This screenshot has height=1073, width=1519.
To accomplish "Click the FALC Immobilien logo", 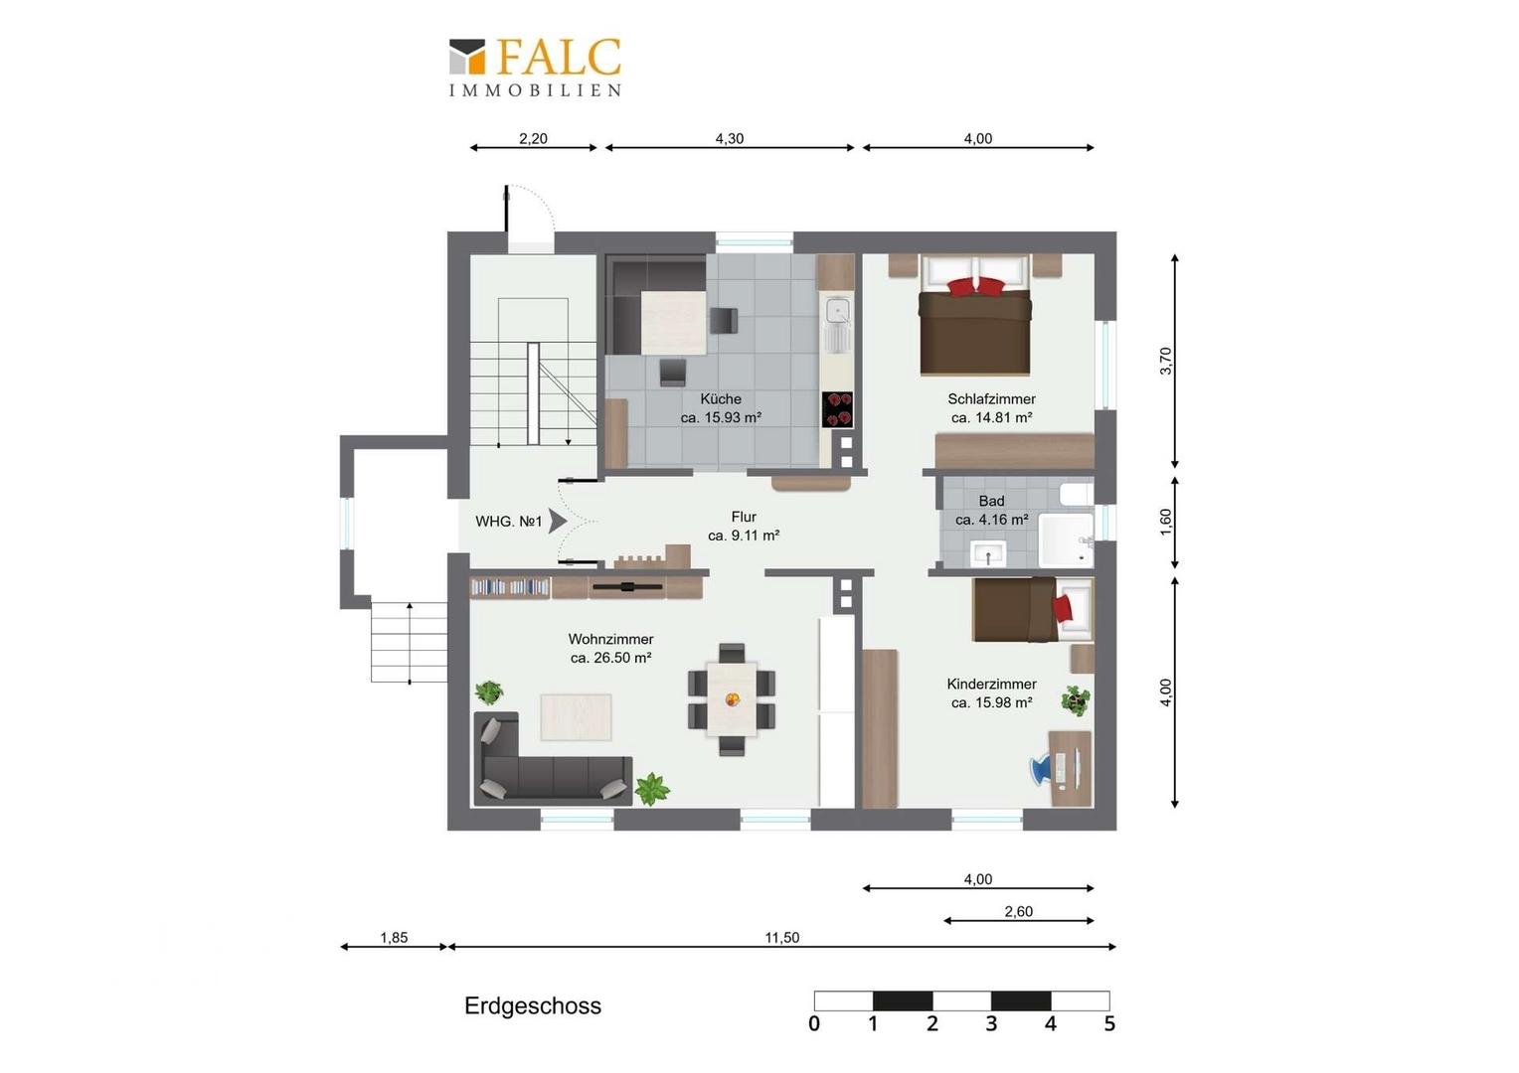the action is [x=535, y=68].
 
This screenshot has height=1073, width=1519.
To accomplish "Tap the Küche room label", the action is [x=721, y=399].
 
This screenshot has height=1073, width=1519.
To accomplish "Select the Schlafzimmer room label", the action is [x=991, y=399].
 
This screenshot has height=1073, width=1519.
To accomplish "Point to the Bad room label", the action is [x=991, y=502].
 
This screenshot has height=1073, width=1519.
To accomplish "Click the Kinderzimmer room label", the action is [x=991, y=685].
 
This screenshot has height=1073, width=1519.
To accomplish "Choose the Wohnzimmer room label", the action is [x=611, y=639].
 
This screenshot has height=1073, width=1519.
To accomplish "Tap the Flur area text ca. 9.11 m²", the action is [x=744, y=536].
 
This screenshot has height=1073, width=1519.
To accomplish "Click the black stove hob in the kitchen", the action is [x=837, y=409].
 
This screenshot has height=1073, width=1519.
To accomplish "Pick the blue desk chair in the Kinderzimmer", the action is [x=1041, y=771].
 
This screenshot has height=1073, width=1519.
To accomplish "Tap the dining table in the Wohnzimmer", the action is [x=732, y=698].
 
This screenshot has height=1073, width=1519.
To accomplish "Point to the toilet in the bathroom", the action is [x=1077, y=495].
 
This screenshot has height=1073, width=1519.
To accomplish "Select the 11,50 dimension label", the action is [x=782, y=938].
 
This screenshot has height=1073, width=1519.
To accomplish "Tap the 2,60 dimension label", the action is [x=1019, y=912].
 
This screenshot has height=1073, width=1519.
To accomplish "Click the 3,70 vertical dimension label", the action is [x=1166, y=361].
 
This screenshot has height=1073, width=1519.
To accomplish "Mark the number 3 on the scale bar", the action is [x=991, y=1023].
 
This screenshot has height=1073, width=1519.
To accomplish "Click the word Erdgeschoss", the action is [x=533, y=1005].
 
